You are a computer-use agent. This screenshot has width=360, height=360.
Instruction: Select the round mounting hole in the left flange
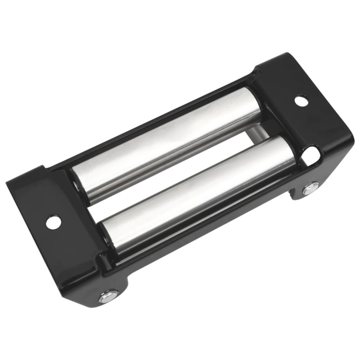53,222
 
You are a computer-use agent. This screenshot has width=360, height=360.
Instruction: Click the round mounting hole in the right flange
301,101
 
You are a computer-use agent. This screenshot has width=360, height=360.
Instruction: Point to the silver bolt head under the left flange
109,295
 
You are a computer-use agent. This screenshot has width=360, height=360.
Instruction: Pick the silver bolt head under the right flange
311,188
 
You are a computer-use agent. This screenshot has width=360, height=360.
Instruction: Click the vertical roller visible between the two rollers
259,131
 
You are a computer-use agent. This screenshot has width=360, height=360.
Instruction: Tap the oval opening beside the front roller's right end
311,154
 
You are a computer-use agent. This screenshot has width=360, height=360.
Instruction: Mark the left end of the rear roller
78,182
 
